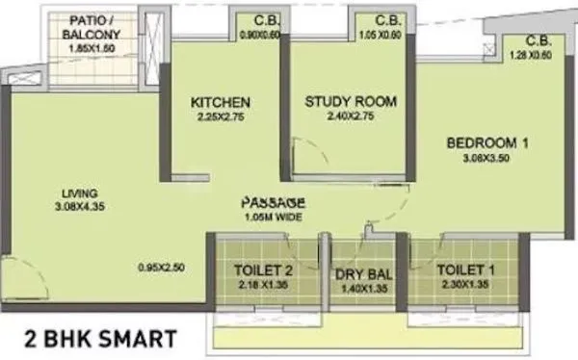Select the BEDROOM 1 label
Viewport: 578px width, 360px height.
[x=487, y=144]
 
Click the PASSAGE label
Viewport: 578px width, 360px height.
[x=274, y=203]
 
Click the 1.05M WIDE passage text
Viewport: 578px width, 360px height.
[x=275, y=218]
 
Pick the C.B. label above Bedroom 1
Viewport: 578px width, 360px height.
[x=539, y=41]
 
